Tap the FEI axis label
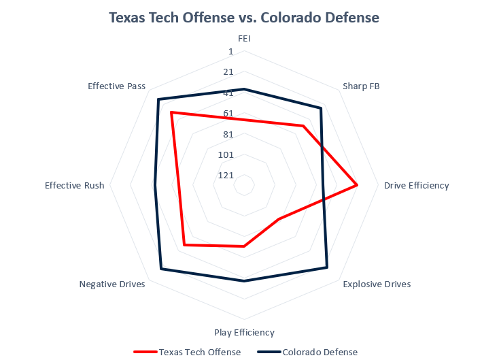pos(244,39)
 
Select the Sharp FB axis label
pos(361,86)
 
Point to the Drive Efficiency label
pos(416,185)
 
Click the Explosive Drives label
pos(377,284)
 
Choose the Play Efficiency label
pos(244,332)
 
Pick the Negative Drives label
pos(112,284)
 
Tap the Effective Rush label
pos(75,185)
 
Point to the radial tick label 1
pos(230,52)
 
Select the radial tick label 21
pos(228,72)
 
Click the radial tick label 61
pos(228,113)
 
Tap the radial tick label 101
pos(226,154)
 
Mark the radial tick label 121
pos(226,175)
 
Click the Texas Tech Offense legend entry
pos(199,352)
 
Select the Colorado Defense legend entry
pos(320,352)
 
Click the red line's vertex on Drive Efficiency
pos(357,185)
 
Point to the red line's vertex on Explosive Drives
pos(278,219)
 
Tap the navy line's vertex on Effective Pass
pos(158,100)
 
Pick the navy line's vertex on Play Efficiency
pos(244,280)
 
